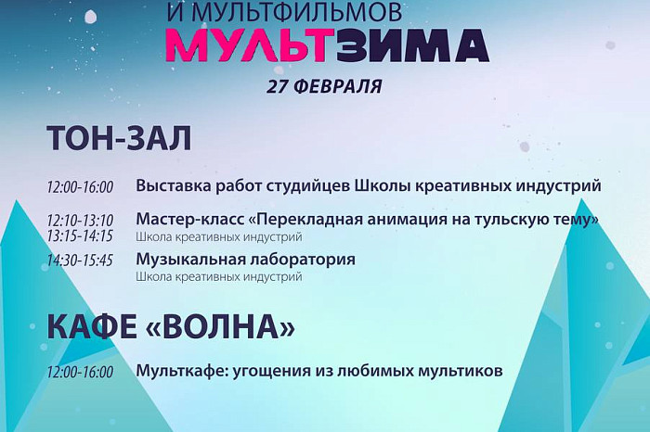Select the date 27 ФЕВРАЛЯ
point(324,86)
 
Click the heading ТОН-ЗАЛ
point(118,138)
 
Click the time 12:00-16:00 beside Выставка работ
point(80,187)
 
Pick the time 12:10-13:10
point(80,221)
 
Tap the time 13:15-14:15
point(80,235)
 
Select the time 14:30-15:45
point(80,260)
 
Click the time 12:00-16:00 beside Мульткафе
point(80,373)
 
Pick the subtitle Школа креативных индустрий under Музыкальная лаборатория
point(218,276)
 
